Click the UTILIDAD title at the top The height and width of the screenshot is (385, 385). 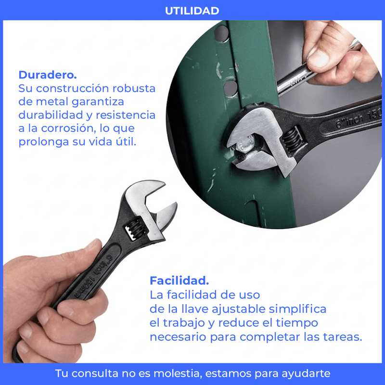[x=192, y=11]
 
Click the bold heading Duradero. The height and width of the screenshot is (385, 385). [x=48, y=75]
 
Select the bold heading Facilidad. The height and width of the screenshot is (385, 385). [x=179, y=281]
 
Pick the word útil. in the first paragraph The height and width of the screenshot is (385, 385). [x=126, y=141]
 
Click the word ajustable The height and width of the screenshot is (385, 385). [x=238, y=309]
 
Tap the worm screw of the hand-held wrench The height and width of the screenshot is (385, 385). [x=135, y=230]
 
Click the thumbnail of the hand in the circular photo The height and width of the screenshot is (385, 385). [x=318, y=58]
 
